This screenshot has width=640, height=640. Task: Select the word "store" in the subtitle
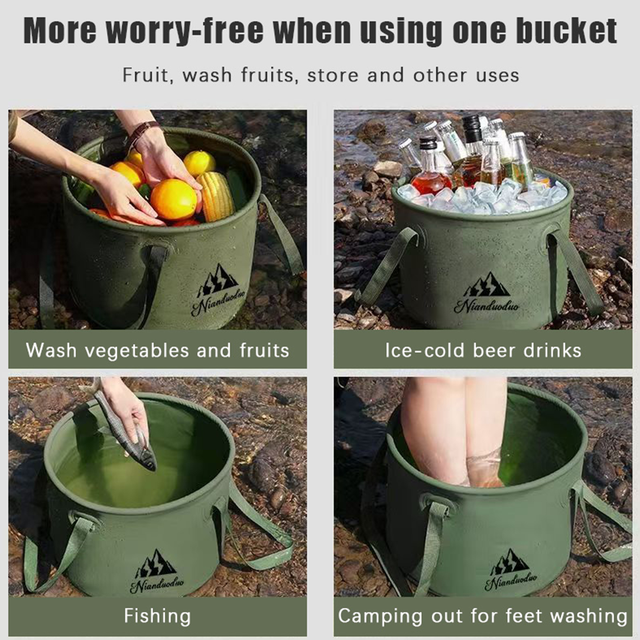(333, 75)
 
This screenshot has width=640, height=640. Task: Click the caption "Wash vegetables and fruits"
(158, 350)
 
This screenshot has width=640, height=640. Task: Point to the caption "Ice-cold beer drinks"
(483, 350)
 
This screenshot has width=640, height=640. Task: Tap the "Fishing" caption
(157, 616)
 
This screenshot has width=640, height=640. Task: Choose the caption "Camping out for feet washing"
(483, 616)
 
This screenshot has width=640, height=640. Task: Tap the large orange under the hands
(174, 200)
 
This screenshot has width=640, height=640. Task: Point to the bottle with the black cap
(472, 150)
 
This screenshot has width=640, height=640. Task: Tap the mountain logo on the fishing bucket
(156, 564)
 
